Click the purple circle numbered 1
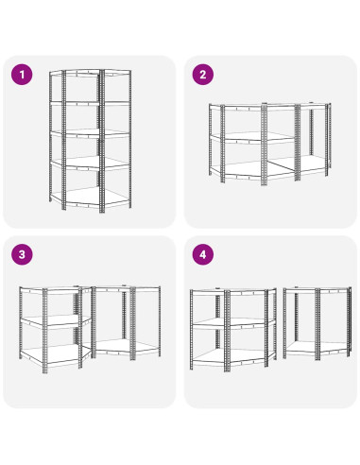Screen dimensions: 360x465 [x=22, y=75]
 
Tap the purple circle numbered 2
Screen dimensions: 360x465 [x=203, y=75]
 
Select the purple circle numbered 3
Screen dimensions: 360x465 [x=22, y=254]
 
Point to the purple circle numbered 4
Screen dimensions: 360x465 [x=203, y=254]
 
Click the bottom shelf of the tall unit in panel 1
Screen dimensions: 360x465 [x=90, y=197]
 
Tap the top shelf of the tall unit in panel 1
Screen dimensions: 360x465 [x=90, y=73]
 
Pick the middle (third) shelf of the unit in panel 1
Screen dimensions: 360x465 [x=90, y=133]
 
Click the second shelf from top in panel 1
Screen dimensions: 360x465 [x=90, y=103]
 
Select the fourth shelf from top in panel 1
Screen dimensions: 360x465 [x=90, y=164]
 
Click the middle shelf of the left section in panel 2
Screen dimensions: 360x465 [x=252, y=137]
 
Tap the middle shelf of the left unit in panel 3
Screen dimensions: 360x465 [x=55, y=320]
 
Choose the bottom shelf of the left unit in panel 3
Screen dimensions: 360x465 [x=55, y=355]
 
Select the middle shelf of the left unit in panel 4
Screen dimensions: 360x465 [x=233, y=322]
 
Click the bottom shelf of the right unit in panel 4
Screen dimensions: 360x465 [x=317, y=347]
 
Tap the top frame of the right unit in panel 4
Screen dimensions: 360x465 [x=317, y=290]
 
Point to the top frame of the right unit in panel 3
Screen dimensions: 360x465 [x=126, y=288]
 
